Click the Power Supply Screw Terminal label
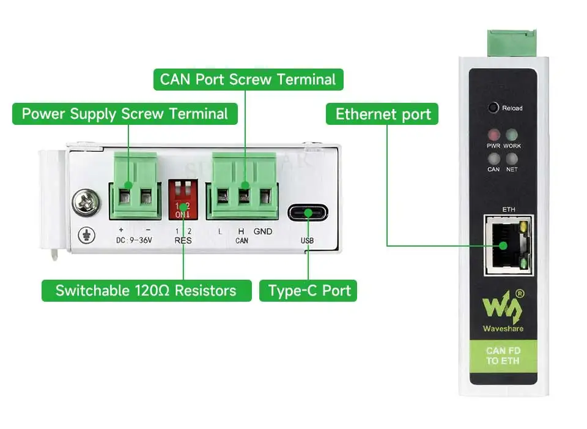(x=125, y=114)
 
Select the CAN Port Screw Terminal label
(x=248, y=80)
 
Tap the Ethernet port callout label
(x=383, y=114)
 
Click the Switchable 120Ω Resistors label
(x=146, y=290)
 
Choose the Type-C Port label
(x=309, y=290)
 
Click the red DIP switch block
(x=183, y=200)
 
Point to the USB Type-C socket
(x=308, y=213)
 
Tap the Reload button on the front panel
(x=493, y=108)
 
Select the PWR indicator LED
(x=493, y=135)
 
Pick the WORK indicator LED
(x=512, y=135)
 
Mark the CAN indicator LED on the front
(x=493, y=158)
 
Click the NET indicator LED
(x=512, y=158)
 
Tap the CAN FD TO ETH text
(x=503, y=356)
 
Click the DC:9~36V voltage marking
(x=133, y=241)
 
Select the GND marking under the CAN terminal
(x=263, y=231)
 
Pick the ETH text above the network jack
(x=508, y=209)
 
